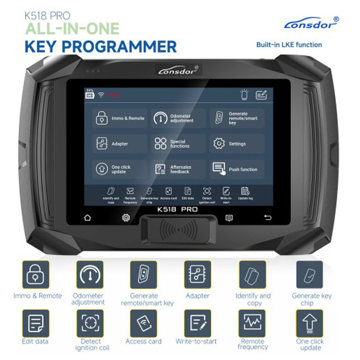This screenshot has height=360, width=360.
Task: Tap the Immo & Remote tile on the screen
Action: point(119,118)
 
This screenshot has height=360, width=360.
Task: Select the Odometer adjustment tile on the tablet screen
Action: point(178,118)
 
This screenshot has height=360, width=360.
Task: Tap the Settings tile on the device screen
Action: point(236,144)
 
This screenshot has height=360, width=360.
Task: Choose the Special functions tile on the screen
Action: point(178,144)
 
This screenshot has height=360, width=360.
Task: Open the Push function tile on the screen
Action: point(236,169)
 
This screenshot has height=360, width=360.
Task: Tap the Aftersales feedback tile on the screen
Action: point(178,169)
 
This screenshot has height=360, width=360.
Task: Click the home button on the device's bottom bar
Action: point(88,217)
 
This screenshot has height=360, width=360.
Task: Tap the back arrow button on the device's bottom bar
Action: point(268,217)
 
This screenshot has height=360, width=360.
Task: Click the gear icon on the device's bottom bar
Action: point(126,217)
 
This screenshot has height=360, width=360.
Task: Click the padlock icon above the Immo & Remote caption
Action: point(36,274)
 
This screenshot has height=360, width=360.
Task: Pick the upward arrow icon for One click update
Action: point(309,322)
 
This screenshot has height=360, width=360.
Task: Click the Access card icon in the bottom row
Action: point(144,322)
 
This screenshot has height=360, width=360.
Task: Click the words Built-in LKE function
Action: point(289,45)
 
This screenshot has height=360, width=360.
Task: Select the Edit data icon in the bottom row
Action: point(36,322)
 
